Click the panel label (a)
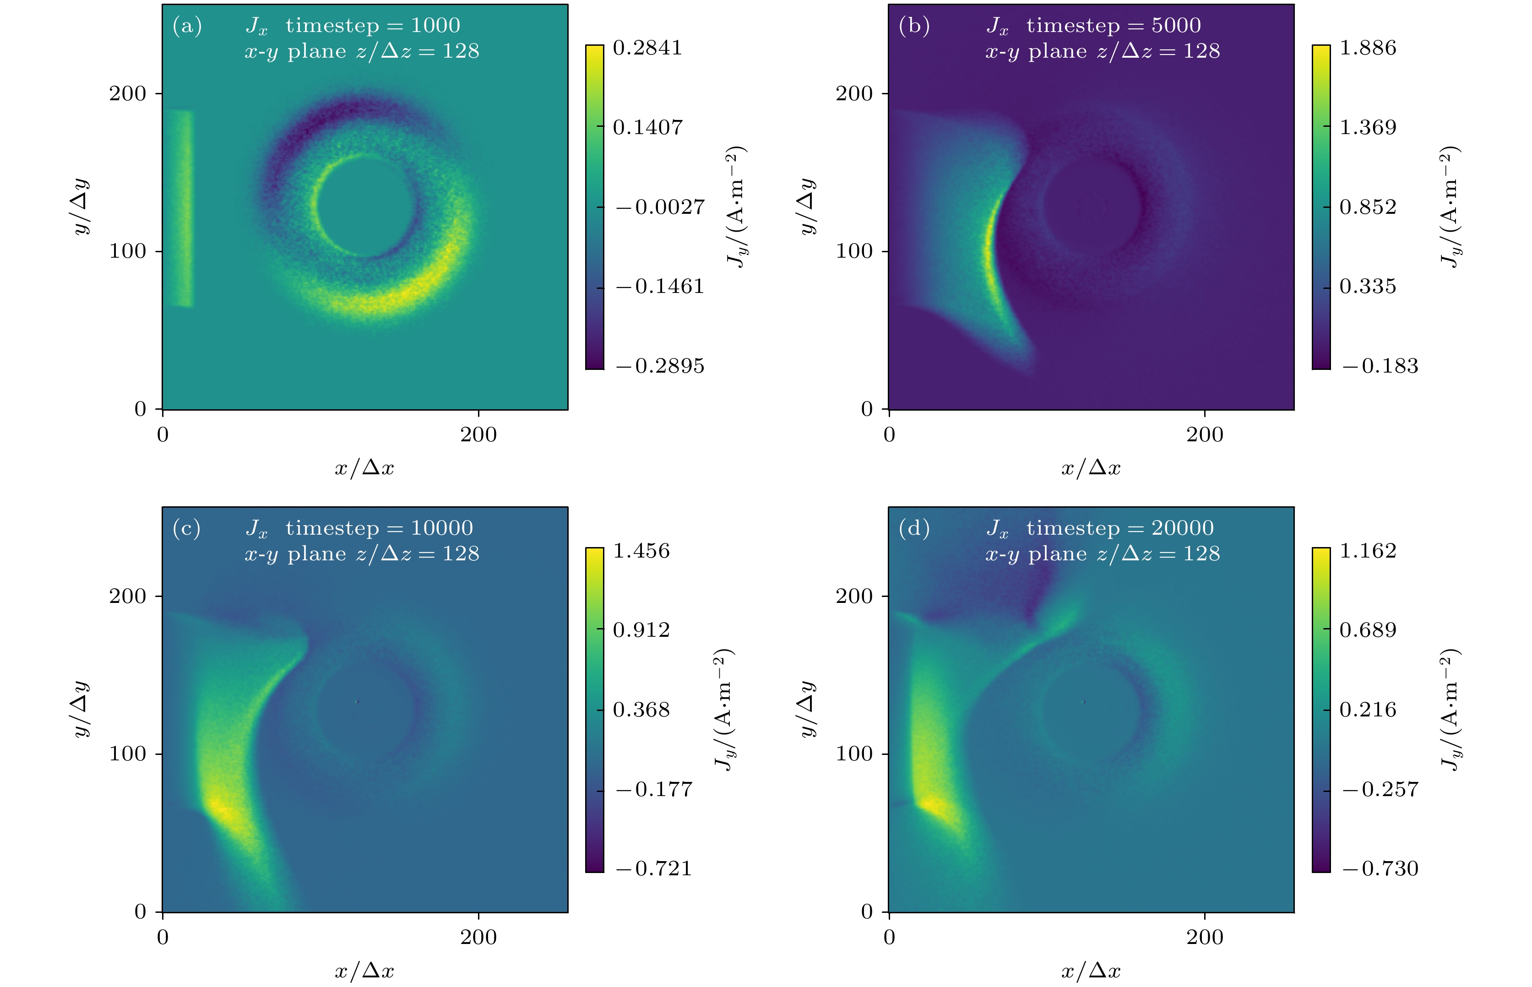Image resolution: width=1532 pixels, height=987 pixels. click(187, 26)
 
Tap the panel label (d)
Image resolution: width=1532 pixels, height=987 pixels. click(914, 528)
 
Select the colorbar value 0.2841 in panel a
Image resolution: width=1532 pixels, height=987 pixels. click(647, 48)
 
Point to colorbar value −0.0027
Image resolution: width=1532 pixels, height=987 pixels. click(660, 207)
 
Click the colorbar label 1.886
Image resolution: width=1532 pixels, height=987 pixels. click(1367, 48)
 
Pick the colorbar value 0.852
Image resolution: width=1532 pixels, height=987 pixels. click(1367, 207)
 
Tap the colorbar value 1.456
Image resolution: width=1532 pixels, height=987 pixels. click(641, 551)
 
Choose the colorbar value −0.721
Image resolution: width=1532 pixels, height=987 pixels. click(654, 868)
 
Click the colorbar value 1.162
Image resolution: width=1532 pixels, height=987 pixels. click(1367, 551)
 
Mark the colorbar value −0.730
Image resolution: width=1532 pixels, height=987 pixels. click(1380, 868)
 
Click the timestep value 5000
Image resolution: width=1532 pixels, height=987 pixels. click(1176, 26)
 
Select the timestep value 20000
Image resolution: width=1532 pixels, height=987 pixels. click(1182, 528)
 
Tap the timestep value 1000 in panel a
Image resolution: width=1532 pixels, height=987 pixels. click(435, 26)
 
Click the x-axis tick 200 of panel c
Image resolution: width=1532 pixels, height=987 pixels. click(478, 937)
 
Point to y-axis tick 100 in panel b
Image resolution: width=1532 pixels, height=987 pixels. click(854, 251)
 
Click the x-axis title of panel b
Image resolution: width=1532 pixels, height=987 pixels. click(1090, 468)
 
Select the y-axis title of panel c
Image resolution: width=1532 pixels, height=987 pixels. click(81, 709)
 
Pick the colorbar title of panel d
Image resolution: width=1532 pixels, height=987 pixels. click(1451, 709)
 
